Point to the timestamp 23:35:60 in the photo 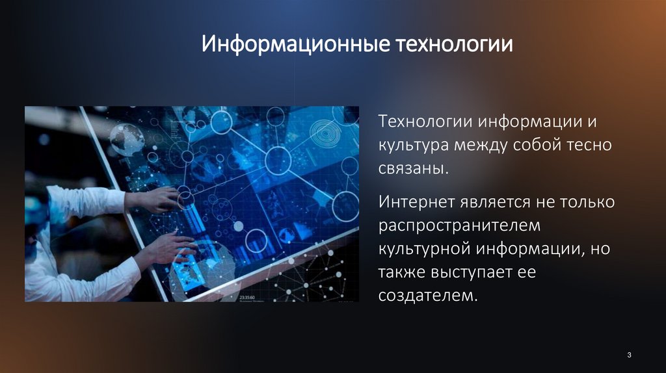pos(248,294)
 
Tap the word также pos(403,272)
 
